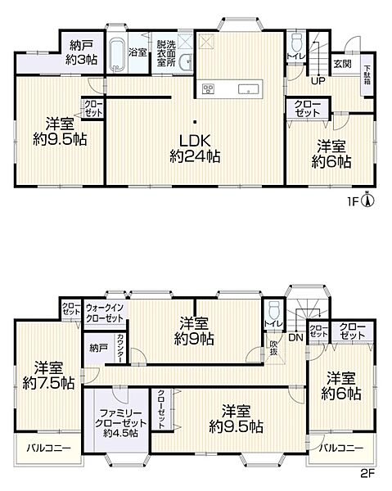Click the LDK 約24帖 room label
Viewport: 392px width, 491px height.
(x=195, y=148)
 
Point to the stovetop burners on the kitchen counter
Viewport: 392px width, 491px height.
(x=208, y=89)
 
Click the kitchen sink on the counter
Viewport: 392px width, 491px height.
(x=249, y=89)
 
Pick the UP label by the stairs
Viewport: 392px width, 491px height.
(x=318, y=81)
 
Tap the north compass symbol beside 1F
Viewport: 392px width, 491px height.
(x=368, y=200)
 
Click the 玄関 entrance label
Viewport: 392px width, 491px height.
(x=342, y=64)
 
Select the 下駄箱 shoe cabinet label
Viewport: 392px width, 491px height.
(x=367, y=74)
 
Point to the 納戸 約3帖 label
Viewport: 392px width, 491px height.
(x=81, y=52)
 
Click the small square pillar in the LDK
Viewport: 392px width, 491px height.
(x=195, y=122)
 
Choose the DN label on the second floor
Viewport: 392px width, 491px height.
(x=295, y=337)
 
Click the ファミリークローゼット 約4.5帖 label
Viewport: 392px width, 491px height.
(x=121, y=423)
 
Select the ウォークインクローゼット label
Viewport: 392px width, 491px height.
(x=105, y=313)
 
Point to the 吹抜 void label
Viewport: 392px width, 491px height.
(x=273, y=347)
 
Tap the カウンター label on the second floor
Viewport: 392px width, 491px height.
(x=120, y=349)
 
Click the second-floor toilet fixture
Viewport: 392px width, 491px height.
(x=274, y=309)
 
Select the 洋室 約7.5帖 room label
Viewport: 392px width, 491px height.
(x=48, y=376)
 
